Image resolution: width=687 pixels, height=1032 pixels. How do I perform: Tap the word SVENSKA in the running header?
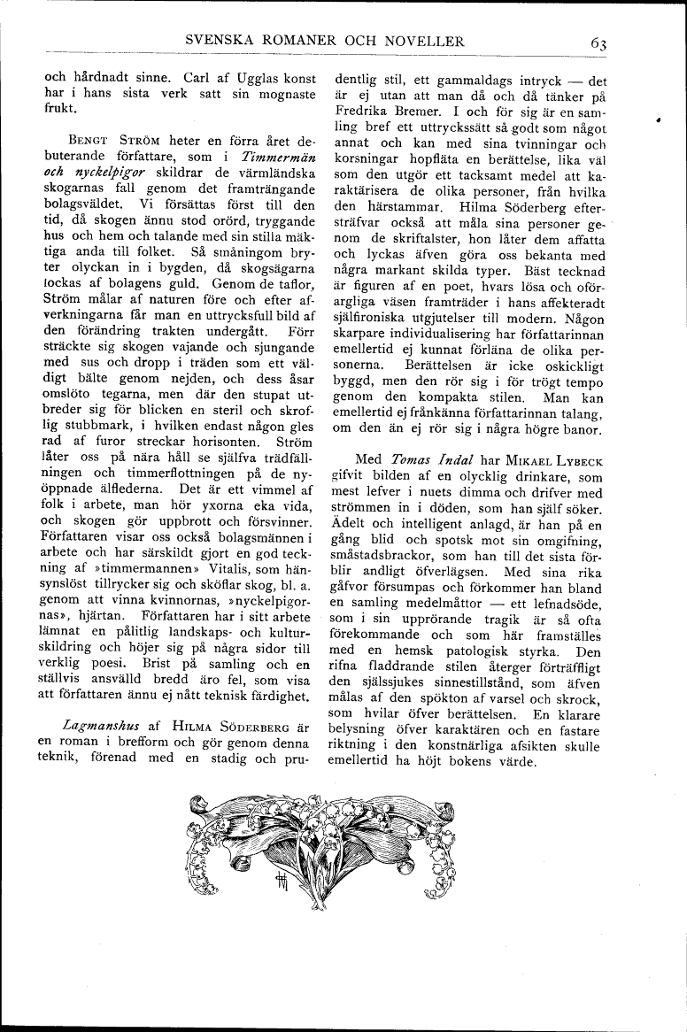tap(217, 41)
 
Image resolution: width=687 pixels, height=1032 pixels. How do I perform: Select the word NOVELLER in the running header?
tap(423, 41)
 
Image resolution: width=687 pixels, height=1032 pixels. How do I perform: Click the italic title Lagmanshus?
tap(100, 726)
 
